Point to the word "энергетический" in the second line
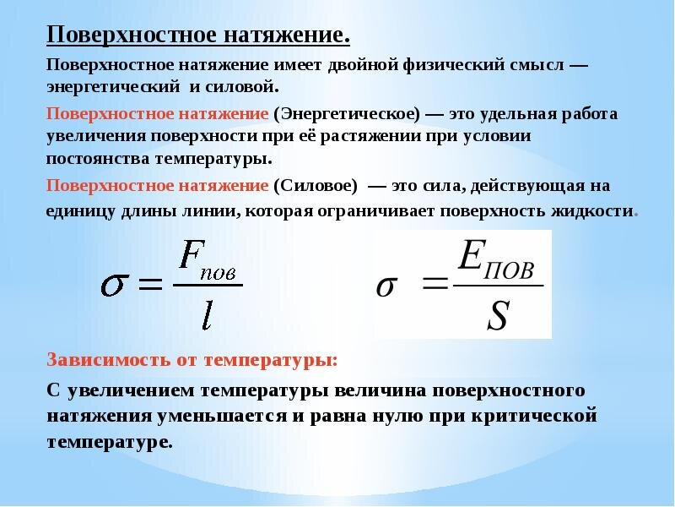pos(113,88)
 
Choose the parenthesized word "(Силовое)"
pos(315,186)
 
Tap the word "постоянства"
pos(98,159)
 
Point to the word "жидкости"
pos(591,212)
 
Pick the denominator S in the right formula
pos(499,315)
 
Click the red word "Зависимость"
pos(109,360)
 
